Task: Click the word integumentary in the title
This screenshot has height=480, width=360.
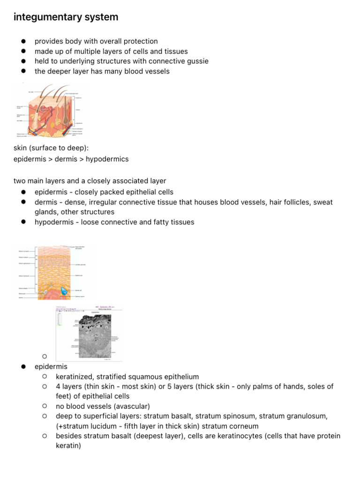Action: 42,17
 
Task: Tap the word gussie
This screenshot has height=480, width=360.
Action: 197,61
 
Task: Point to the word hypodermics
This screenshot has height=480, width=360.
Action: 107,159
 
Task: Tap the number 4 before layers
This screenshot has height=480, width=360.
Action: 58,387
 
